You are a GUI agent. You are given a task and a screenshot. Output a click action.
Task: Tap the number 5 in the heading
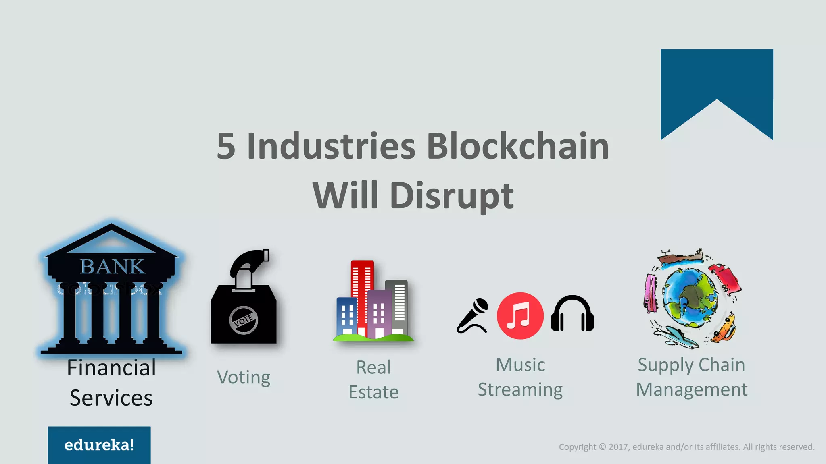pyautogui.click(x=226, y=147)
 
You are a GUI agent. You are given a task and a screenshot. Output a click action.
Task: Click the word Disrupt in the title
pyautogui.click(x=452, y=196)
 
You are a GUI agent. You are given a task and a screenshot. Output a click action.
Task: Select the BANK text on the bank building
pyautogui.click(x=112, y=267)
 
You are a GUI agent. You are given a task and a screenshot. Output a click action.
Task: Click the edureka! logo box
pyautogui.click(x=99, y=445)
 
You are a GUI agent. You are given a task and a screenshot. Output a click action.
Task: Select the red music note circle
pyautogui.click(x=520, y=316)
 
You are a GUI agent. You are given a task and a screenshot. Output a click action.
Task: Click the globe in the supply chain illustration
pyautogui.click(x=690, y=298)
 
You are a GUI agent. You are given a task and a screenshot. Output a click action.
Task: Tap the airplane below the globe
pyautogui.click(x=676, y=337)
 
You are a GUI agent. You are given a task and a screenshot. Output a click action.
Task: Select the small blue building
pyautogui.click(x=347, y=316)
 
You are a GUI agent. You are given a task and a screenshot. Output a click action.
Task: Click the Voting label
pyautogui.click(x=244, y=378)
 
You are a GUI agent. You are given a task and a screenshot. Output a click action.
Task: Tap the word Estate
pyautogui.click(x=373, y=392)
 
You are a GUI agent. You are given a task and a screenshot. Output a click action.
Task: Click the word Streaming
pyautogui.click(x=520, y=390)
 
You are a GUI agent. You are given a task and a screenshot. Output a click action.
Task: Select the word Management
pyautogui.click(x=691, y=390)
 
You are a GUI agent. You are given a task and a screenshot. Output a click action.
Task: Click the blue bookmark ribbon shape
pyautogui.click(x=716, y=81)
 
